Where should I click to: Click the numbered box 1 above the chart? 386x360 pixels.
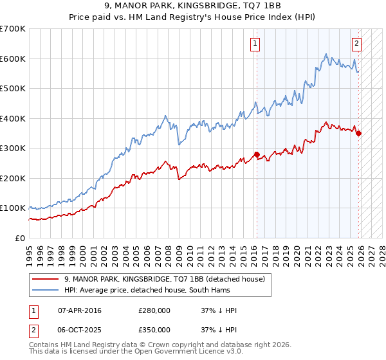[255, 44]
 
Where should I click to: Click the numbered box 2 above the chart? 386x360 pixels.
[356, 44]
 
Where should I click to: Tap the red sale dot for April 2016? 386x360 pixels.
[256, 154]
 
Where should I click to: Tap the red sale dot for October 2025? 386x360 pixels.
[358, 134]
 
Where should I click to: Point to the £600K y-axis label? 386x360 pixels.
[13, 59]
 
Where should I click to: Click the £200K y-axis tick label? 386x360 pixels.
[13, 178]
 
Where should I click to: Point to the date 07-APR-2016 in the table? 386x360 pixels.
[80, 310]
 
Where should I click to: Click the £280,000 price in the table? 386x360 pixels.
[154, 310]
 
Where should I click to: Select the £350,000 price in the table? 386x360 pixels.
[154, 329]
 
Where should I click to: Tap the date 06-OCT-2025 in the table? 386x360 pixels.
[80, 329]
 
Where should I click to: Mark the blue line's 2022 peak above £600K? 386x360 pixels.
[326, 54]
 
